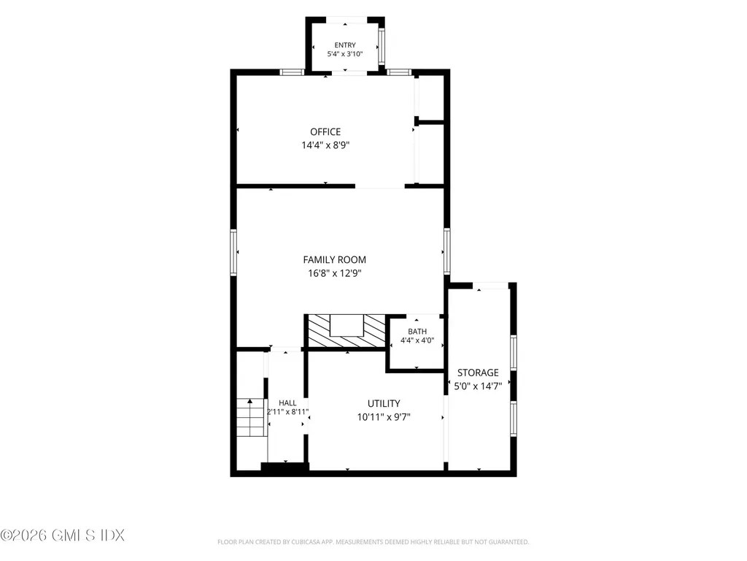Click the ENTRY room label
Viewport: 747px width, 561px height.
point(345,45)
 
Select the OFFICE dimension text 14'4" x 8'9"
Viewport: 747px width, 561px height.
point(325,145)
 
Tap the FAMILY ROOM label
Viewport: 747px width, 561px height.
point(334,259)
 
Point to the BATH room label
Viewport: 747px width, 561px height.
point(417,332)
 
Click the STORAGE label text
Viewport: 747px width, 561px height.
point(478,373)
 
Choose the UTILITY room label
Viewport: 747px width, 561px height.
point(384,403)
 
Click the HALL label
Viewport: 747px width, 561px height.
point(287,403)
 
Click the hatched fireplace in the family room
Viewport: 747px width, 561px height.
point(347,331)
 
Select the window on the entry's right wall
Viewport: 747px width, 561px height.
point(381,47)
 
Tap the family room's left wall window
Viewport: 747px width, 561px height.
point(233,252)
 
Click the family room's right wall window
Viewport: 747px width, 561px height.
point(447,251)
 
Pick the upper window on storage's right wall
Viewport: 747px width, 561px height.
point(514,353)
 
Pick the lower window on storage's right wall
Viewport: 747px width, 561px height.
point(514,419)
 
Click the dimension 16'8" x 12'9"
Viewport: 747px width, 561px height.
point(334,273)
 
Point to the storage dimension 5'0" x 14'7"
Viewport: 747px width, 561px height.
point(478,386)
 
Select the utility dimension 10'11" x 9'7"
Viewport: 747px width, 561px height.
point(384,417)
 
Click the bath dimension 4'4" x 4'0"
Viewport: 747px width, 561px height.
point(417,340)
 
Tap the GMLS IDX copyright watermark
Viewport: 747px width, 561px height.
point(63,535)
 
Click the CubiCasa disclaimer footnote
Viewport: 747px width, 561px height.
point(373,542)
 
